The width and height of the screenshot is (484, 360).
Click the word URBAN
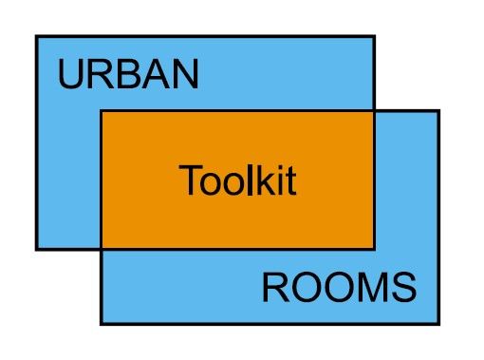click(x=128, y=75)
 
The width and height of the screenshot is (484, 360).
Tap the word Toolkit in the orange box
click(x=237, y=180)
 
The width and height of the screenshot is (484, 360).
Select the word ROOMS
click(x=339, y=287)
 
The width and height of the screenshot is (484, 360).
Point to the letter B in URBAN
click(x=126, y=75)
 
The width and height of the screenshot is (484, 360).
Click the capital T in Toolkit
click(x=189, y=180)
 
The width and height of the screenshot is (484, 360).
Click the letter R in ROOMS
click(x=274, y=287)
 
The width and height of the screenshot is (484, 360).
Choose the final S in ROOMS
click(x=403, y=287)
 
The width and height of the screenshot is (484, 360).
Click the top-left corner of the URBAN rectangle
click(x=36, y=36)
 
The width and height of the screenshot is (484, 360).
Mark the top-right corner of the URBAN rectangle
click(x=374, y=36)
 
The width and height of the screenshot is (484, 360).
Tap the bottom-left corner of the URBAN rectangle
click(x=36, y=249)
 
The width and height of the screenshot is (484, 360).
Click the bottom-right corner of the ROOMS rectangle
click(x=438, y=324)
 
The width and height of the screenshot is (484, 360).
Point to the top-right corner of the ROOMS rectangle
click(x=438, y=111)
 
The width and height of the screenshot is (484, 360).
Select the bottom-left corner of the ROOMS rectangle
click(x=101, y=324)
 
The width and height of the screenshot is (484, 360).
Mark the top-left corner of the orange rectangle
click(x=101, y=111)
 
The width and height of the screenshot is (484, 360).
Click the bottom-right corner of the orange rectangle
click(x=374, y=249)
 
